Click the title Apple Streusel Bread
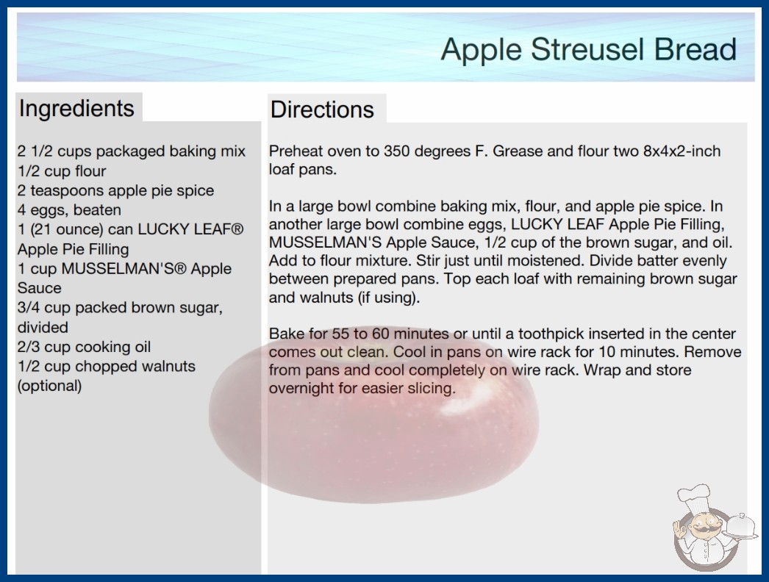click(589, 50)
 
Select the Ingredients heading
click(76, 108)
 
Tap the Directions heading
click(322, 109)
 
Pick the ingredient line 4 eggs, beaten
click(69, 210)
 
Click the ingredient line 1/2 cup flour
click(62, 171)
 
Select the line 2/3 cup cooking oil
click(84, 347)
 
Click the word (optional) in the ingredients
click(49, 386)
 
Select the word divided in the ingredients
click(43, 327)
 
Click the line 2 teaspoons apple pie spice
click(115, 191)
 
